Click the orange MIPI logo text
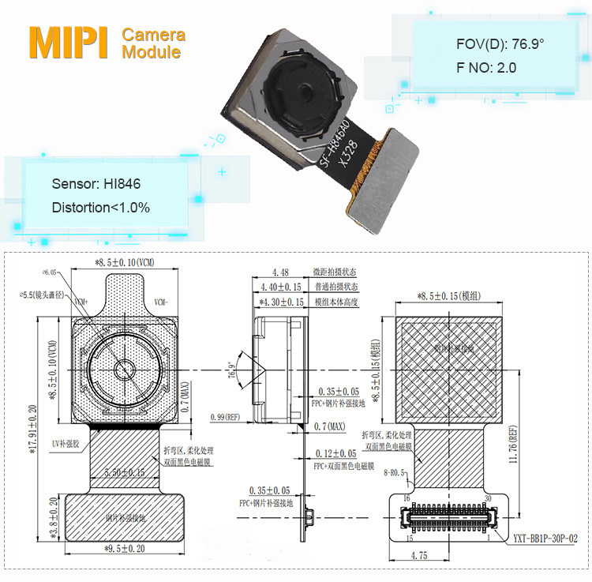coord(69,43)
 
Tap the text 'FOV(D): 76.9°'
coord(500,44)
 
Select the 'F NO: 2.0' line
coord(486,68)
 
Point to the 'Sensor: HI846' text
coord(96,184)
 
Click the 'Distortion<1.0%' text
coord(101,208)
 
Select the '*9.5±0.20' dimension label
coord(125,546)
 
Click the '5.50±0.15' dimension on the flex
coord(125,472)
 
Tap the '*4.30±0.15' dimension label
coord(281,302)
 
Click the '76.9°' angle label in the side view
coord(231,370)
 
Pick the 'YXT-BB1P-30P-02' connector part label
coord(544,539)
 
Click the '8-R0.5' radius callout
coord(392,472)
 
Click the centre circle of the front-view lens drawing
coord(124,370)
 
